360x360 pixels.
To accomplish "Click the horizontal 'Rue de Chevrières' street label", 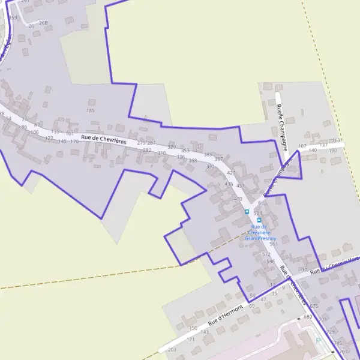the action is [x=104, y=140].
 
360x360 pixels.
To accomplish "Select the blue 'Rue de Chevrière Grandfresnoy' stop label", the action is [x=259, y=232].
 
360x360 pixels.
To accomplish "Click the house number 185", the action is [x=91, y=110].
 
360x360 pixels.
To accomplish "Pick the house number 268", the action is [x=43, y=23].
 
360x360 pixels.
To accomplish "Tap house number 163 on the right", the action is [x=336, y=140].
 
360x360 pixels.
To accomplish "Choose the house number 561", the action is [x=274, y=244].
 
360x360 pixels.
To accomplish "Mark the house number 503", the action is [x=258, y=213].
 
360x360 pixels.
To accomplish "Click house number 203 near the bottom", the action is [x=172, y=349].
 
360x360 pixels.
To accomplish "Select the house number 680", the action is [x=308, y=316].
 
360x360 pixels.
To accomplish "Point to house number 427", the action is [x=232, y=172].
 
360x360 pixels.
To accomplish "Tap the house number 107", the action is [x=302, y=146].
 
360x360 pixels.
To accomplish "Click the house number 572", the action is [x=266, y=254].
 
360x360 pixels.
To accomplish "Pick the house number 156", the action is [x=193, y=328].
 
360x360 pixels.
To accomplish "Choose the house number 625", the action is [x=314, y=306].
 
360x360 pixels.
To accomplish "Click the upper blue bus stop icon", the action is [x=247, y=212].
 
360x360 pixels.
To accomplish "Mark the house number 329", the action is [x=172, y=147].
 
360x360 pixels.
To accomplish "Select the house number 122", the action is [x=49, y=138].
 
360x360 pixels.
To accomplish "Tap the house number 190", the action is [x=333, y=150].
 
